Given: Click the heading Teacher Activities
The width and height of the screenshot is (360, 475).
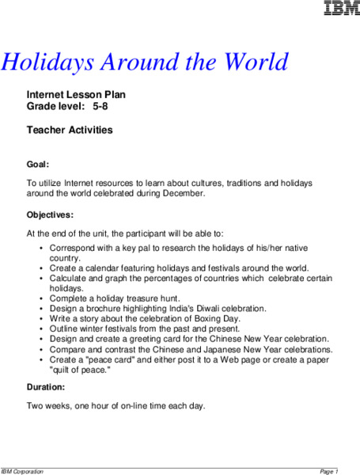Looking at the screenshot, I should (x=70, y=130).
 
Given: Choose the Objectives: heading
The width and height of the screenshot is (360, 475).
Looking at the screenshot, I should (x=51, y=215).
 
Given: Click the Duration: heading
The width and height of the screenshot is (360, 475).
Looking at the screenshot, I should (x=47, y=389).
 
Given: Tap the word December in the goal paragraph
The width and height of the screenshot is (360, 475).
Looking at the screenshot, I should (x=181, y=193).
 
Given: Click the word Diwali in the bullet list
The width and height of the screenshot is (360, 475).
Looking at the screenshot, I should (x=195, y=308).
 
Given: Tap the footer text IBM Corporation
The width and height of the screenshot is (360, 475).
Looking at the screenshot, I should (x=22, y=471).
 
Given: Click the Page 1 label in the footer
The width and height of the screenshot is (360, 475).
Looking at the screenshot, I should (x=329, y=471).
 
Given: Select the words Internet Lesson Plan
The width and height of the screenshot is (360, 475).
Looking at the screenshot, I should (x=76, y=94).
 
